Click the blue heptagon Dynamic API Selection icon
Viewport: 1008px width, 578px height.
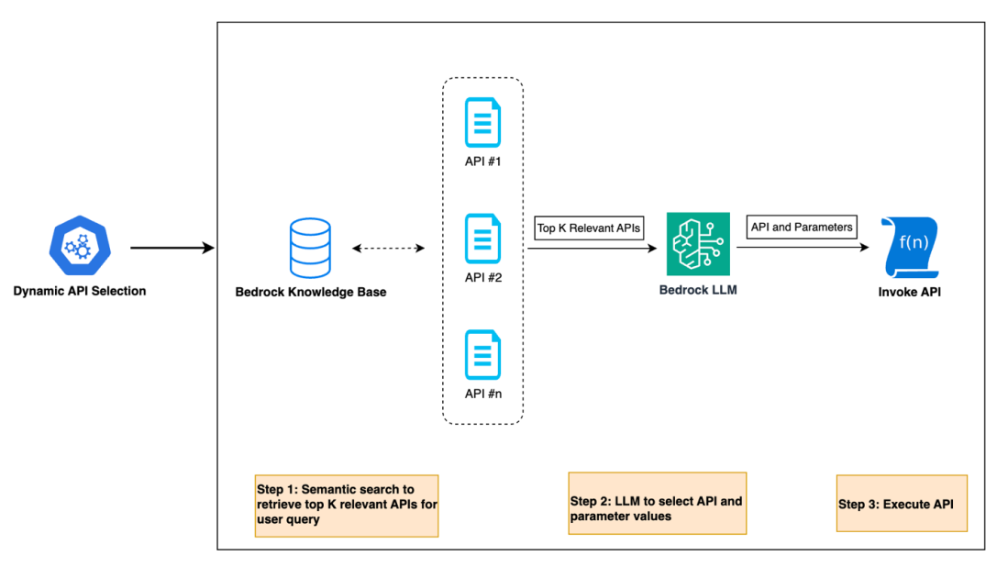pyautogui.click(x=78, y=246)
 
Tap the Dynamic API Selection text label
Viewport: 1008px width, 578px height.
pyautogui.click(x=79, y=291)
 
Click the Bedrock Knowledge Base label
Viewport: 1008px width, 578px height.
pyautogui.click(x=311, y=293)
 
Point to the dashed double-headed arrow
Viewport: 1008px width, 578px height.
pyautogui.click(x=389, y=248)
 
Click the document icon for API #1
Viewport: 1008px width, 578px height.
pyautogui.click(x=482, y=122)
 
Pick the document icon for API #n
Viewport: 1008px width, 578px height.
pyautogui.click(x=482, y=355)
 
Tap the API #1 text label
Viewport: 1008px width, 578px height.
pyautogui.click(x=482, y=161)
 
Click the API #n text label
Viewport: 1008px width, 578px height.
pyautogui.click(x=482, y=394)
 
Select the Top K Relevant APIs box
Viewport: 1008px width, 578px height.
pyautogui.click(x=589, y=228)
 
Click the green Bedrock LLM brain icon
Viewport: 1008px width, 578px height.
pyautogui.click(x=698, y=243)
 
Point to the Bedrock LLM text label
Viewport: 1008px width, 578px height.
pyautogui.click(x=698, y=290)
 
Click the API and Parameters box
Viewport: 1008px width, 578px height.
pyautogui.click(x=802, y=227)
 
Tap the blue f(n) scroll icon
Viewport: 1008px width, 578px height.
pyautogui.click(x=910, y=246)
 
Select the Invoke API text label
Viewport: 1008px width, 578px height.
pyautogui.click(x=909, y=293)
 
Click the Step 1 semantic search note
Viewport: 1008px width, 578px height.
pyautogui.click(x=347, y=505)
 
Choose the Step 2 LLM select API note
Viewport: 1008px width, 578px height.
pyautogui.click(x=657, y=503)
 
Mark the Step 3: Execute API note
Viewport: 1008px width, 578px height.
pyautogui.click(x=901, y=504)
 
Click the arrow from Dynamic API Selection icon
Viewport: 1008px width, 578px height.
pyautogui.click(x=172, y=248)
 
